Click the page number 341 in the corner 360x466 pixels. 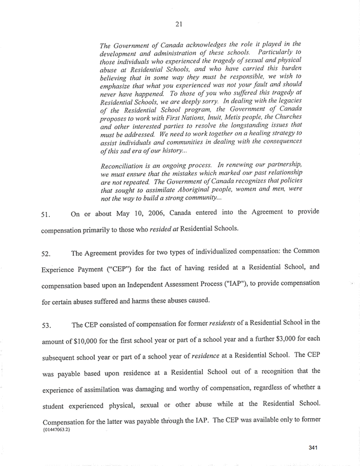[314, 448]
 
